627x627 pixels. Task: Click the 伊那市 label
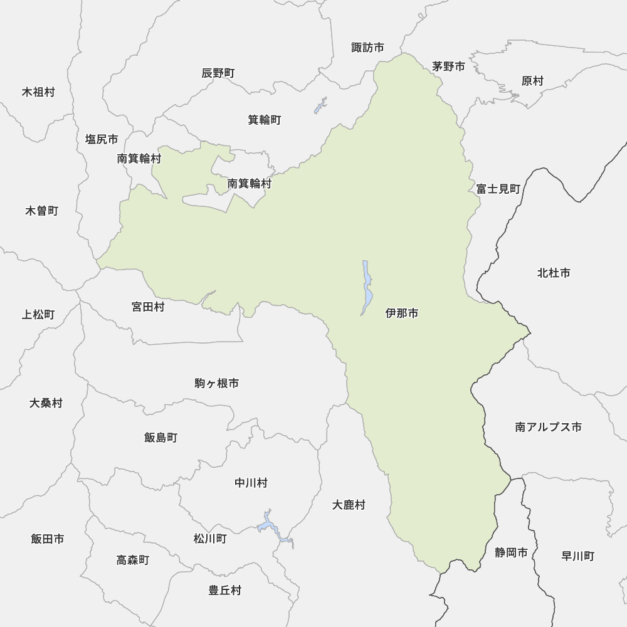pos(402,313)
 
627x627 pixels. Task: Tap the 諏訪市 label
pos(367,48)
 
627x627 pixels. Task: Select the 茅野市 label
pos(448,66)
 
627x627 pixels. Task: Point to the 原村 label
pos(532,81)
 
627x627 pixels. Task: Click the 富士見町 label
pos(498,188)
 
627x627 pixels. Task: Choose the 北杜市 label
pos(554,273)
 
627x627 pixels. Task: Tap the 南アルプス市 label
pos(548,427)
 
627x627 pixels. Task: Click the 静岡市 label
pos(511,552)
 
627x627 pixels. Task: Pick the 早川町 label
pos(577,556)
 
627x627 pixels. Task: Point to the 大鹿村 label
pos(349,505)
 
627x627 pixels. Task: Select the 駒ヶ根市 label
pos(216,383)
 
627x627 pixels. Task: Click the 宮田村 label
pos(148,307)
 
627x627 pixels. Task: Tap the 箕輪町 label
pos(264,120)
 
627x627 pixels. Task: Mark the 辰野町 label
pos(218,73)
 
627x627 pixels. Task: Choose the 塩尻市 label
pos(102,139)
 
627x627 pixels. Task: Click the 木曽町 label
pos(41,211)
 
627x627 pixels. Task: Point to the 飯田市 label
pos(47,539)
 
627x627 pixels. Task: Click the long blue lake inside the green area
pos(367,287)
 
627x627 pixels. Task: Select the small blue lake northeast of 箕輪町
pos(321,105)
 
